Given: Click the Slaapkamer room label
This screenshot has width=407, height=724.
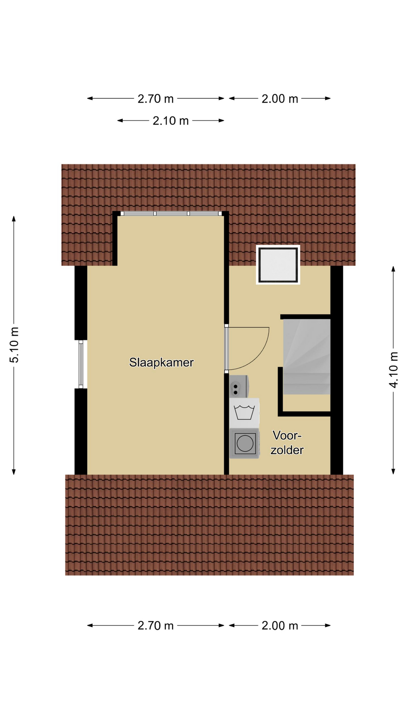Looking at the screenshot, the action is (161, 362).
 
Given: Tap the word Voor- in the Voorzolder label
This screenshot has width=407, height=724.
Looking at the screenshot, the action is (287, 436).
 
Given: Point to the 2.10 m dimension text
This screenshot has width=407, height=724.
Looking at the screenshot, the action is (171, 121).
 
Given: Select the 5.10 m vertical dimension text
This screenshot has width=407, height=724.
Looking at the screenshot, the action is (14, 345).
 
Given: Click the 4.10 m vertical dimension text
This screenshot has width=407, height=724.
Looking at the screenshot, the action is (393, 370).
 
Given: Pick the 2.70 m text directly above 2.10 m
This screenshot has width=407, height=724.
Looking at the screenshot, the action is (156, 99).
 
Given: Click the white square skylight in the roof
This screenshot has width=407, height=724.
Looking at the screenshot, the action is (278, 264).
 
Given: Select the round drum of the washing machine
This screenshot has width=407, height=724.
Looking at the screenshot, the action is (245, 443).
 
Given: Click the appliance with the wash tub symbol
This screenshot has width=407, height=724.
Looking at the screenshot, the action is (244, 413).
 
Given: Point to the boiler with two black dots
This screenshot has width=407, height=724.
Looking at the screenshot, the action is (239, 387).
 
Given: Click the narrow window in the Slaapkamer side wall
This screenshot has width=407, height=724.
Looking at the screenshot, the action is (81, 364).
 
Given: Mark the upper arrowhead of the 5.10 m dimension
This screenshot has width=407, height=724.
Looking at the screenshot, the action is (14, 219).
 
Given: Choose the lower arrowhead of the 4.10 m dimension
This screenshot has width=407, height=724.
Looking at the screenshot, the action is (393, 472).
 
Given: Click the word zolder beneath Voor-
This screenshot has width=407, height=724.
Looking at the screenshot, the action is (287, 450).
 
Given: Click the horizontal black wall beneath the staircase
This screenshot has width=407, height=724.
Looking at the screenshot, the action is (304, 414).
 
